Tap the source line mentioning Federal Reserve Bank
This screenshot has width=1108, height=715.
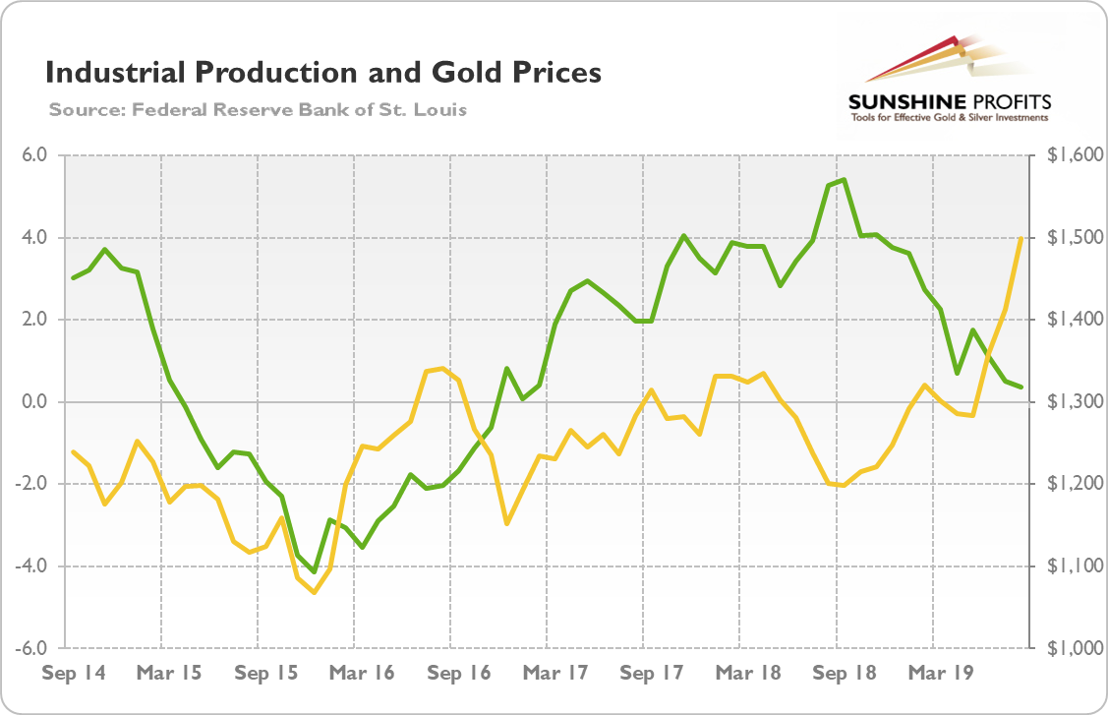point(258,109)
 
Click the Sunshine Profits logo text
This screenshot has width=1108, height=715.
point(949,101)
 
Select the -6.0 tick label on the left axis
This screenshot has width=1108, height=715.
point(35,648)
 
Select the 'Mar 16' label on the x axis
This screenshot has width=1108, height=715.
point(362,674)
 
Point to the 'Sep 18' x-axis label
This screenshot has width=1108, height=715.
point(844,674)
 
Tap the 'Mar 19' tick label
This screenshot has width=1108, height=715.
point(940,674)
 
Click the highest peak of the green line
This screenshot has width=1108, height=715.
point(845,180)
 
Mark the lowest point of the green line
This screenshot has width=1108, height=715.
point(315,571)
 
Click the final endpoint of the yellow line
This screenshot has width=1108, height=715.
point(1021,238)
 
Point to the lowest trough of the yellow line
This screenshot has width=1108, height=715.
point(315,592)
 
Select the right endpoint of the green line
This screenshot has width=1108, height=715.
point(1021,387)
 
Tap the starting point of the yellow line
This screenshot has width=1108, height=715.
point(73,452)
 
